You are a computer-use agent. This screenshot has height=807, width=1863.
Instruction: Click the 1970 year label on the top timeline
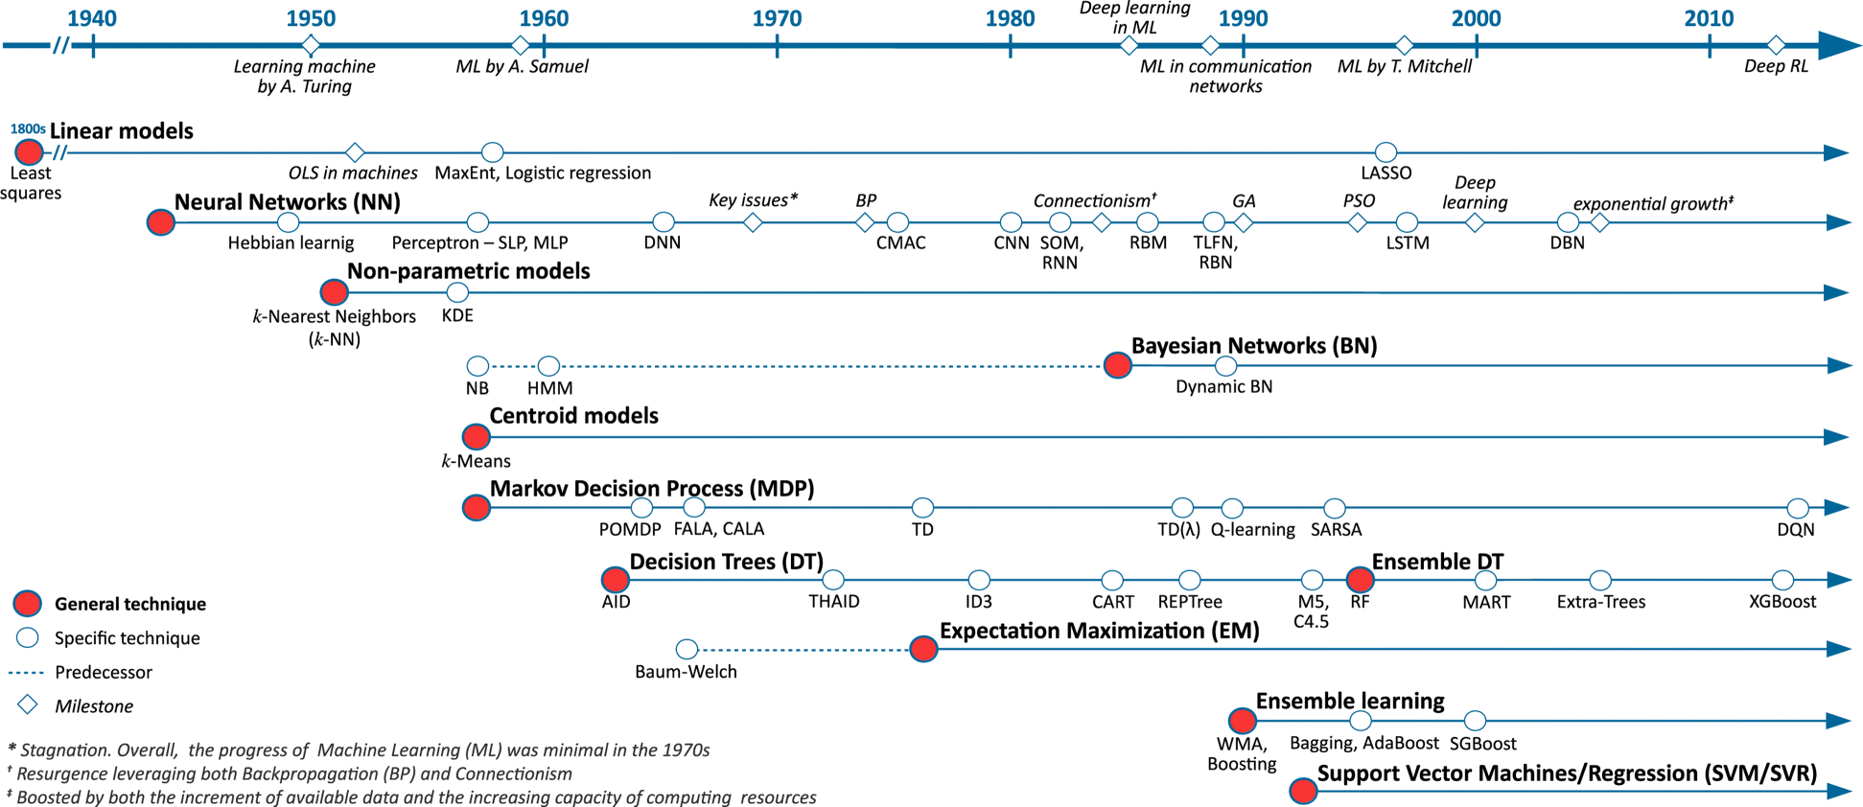coord(777,18)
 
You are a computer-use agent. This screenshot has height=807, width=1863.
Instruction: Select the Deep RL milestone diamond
coord(1776,45)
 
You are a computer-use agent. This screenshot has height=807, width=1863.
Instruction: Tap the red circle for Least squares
coord(29,151)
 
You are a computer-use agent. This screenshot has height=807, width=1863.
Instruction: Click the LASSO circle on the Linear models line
coord(1386,151)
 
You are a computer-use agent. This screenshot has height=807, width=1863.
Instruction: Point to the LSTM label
coord(1408,243)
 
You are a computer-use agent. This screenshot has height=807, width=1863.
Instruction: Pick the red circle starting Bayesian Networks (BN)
coord(1117,365)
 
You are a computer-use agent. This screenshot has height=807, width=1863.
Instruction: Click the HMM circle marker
coord(548,365)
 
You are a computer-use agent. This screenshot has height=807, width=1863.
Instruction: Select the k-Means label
coord(476,461)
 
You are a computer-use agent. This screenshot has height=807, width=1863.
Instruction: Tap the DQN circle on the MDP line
coord(1798,507)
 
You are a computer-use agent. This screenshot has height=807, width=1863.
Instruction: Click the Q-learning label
coord(1252,530)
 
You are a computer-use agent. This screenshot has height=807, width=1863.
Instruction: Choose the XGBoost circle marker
coord(1782,580)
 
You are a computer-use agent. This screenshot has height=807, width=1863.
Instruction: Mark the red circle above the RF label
coord(1360,580)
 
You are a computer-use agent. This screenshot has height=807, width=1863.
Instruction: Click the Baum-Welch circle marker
coord(687,650)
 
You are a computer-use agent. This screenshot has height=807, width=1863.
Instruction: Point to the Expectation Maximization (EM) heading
coord(1099,631)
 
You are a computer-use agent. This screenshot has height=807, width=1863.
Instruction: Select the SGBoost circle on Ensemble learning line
coord(1475,720)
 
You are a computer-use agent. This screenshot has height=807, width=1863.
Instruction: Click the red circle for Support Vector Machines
coord(1303,791)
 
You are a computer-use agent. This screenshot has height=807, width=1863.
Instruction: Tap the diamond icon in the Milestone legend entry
coord(28,705)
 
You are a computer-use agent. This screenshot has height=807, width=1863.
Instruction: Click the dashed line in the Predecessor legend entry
coord(26,673)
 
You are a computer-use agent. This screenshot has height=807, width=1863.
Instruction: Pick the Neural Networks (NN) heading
coord(287,202)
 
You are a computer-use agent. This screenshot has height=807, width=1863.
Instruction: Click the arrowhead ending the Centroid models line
coord(1836,437)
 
